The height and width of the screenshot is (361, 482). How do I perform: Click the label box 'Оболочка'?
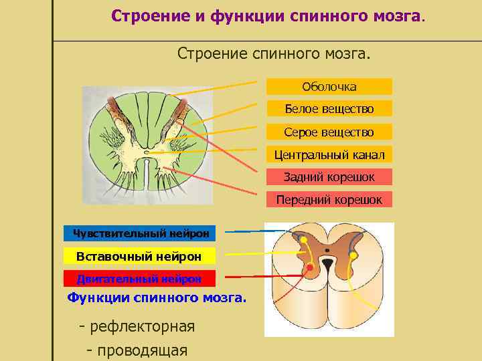pos(329,86)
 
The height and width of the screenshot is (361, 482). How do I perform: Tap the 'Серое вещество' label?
pos(329,132)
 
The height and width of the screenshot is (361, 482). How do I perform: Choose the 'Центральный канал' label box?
pos(329,155)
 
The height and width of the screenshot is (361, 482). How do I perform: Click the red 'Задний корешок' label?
pos(329,177)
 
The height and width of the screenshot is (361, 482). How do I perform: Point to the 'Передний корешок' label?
pos(329,199)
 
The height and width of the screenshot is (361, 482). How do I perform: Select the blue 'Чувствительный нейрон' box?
pos(140,233)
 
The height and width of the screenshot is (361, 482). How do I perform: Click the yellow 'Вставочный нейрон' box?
pos(140,256)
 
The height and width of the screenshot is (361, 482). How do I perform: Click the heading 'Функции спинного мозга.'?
pos(157,297)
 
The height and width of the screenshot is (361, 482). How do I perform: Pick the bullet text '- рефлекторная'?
pos(137,327)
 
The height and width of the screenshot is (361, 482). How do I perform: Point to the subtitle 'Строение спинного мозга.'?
pos(273,52)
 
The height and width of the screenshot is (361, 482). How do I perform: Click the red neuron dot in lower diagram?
pos(310,269)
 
